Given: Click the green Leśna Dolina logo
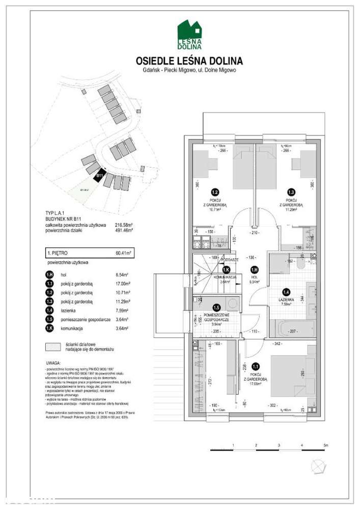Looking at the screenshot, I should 189,34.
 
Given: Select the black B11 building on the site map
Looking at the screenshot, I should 100,176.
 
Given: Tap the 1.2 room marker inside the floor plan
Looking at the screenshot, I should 215,192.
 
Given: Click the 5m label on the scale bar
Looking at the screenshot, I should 325,445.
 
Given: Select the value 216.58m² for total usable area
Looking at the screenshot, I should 124,224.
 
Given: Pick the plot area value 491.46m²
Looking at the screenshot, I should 124,230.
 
